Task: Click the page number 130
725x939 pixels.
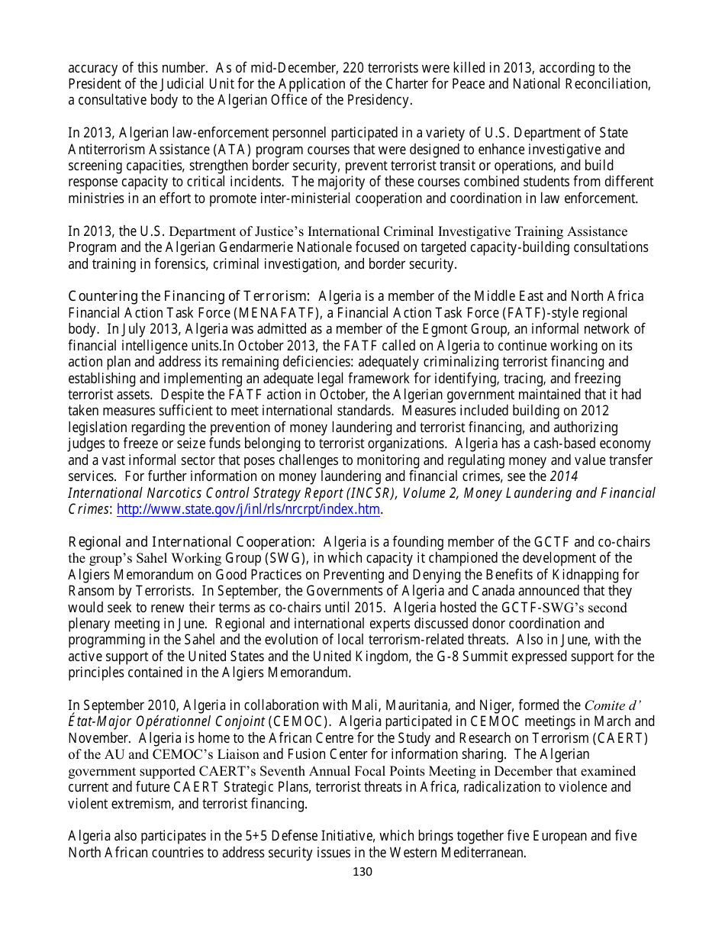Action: tap(362, 872)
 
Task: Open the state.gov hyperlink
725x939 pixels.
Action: tap(248, 509)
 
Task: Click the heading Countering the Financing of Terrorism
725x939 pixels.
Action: tap(188, 296)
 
